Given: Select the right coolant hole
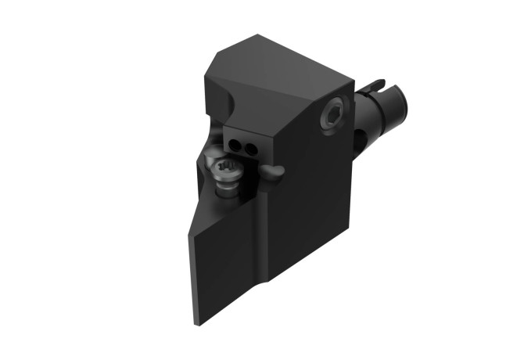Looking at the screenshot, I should coord(248,146).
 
